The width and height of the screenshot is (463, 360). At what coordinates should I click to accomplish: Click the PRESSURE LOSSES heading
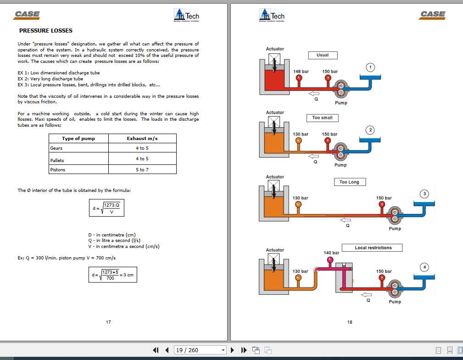coord(45,31)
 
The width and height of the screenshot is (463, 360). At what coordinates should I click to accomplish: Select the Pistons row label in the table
coord(58,170)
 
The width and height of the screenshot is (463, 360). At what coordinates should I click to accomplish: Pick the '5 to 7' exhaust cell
coord(142,170)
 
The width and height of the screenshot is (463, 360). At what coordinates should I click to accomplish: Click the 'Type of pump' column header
coord(78,139)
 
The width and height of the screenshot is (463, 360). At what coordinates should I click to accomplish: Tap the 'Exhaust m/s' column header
coord(142,139)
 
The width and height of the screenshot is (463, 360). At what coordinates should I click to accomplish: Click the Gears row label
coord(56,148)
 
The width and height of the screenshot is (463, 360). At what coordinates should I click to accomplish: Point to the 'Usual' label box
coord(323,55)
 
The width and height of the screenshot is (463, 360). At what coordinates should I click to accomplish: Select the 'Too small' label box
coord(323,118)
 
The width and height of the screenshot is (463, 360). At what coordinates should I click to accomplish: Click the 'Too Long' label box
coord(349,182)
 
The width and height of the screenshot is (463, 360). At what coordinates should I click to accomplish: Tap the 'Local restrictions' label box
coord(373,248)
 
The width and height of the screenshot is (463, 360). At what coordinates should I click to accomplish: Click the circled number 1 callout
coord(370,67)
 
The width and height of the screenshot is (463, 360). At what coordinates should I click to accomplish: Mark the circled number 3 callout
coord(424,194)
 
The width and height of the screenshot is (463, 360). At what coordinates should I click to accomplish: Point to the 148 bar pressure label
coord(301,72)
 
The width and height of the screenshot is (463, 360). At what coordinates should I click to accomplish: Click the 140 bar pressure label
coord(331,253)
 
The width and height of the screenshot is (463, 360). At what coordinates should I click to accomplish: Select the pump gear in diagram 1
coord(341,89)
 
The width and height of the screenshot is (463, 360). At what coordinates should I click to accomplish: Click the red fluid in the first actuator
coord(274,82)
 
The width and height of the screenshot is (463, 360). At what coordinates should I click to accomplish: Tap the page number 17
coord(108,322)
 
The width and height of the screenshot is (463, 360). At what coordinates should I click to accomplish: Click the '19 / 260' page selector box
coord(200,350)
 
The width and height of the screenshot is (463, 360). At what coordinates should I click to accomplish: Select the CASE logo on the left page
coord(27,15)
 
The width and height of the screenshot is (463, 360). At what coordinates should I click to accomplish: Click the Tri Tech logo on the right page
coord(272,15)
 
